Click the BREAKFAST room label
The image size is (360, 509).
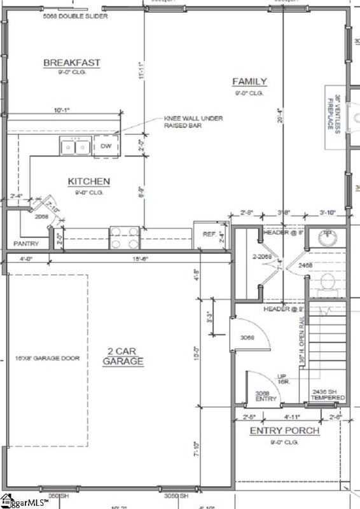coord(71,62)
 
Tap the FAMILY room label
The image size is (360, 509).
coord(249,81)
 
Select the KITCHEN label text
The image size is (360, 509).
coord(89,182)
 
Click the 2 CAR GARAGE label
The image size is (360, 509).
coord(123,356)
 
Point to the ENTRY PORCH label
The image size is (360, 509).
coord(284,431)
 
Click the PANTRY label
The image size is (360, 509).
coord(26,244)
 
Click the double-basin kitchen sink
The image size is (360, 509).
coord(76,147)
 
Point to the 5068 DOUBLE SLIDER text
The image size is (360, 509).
coord(76,16)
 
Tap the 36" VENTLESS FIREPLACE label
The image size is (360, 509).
coord(335,113)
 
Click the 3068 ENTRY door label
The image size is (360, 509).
coord(265,396)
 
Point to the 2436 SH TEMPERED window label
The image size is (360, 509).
coord(328,395)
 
